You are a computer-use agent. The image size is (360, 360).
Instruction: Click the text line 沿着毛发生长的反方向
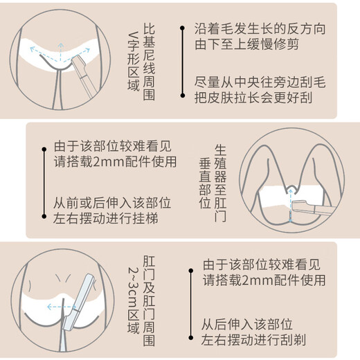click(x=260, y=28)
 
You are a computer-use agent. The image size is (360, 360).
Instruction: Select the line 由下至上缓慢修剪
click(x=246, y=44)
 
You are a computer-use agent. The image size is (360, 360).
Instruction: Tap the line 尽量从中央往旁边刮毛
click(x=260, y=82)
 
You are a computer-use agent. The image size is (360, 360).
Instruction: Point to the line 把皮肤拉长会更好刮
click(x=253, y=98)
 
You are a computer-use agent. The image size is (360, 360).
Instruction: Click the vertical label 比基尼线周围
click(x=149, y=62)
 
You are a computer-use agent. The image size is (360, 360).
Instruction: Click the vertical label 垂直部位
click(x=205, y=183)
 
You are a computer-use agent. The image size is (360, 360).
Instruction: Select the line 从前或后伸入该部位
click(x=112, y=203)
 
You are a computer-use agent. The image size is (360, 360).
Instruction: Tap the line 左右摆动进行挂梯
click(x=106, y=218)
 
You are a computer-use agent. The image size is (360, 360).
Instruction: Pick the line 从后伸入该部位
click(x=247, y=324)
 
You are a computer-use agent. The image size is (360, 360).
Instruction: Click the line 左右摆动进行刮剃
click(x=253, y=339)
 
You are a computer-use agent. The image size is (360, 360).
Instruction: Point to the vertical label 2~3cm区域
click(x=134, y=300)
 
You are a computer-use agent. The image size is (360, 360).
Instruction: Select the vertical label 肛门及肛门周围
click(x=149, y=300)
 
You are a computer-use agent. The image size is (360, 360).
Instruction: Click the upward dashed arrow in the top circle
click(x=60, y=52)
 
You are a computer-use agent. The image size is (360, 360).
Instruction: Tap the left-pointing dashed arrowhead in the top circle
click(x=33, y=48)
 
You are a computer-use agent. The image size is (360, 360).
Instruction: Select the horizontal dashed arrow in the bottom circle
click(x=62, y=307)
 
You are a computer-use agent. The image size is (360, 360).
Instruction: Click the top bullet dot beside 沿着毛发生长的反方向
click(x=182, y=28)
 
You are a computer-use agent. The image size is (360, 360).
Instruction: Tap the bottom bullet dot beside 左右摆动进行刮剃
click(x=190, y=338)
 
